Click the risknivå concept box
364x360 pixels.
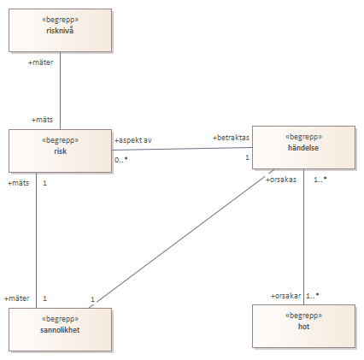click(60, 30)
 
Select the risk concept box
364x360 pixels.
click(60, 150)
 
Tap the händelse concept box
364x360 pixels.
click(303, 148)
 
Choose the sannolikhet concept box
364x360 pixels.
click(60, 329)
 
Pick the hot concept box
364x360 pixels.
click(303, 326)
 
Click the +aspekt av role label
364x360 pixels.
click(133, 140)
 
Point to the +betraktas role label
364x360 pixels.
click(231, 138)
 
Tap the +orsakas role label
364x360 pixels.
click(281, 180)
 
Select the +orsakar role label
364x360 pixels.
click(285, 296)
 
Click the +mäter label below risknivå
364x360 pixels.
click(40, 62)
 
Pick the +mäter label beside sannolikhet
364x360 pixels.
click(17, 298)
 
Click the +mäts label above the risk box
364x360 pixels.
click(42, 120)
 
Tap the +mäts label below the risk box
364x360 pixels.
click(19, 183)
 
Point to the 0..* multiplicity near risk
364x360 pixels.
click(121, 160)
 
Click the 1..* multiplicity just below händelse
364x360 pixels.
click(320, 180)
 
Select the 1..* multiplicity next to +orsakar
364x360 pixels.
click(313, 296)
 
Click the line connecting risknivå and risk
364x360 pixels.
click(61, 91)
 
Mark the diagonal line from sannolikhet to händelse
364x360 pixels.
click(181, 239)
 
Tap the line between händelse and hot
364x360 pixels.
click(303, 237)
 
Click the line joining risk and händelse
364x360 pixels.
click(182, 149)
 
